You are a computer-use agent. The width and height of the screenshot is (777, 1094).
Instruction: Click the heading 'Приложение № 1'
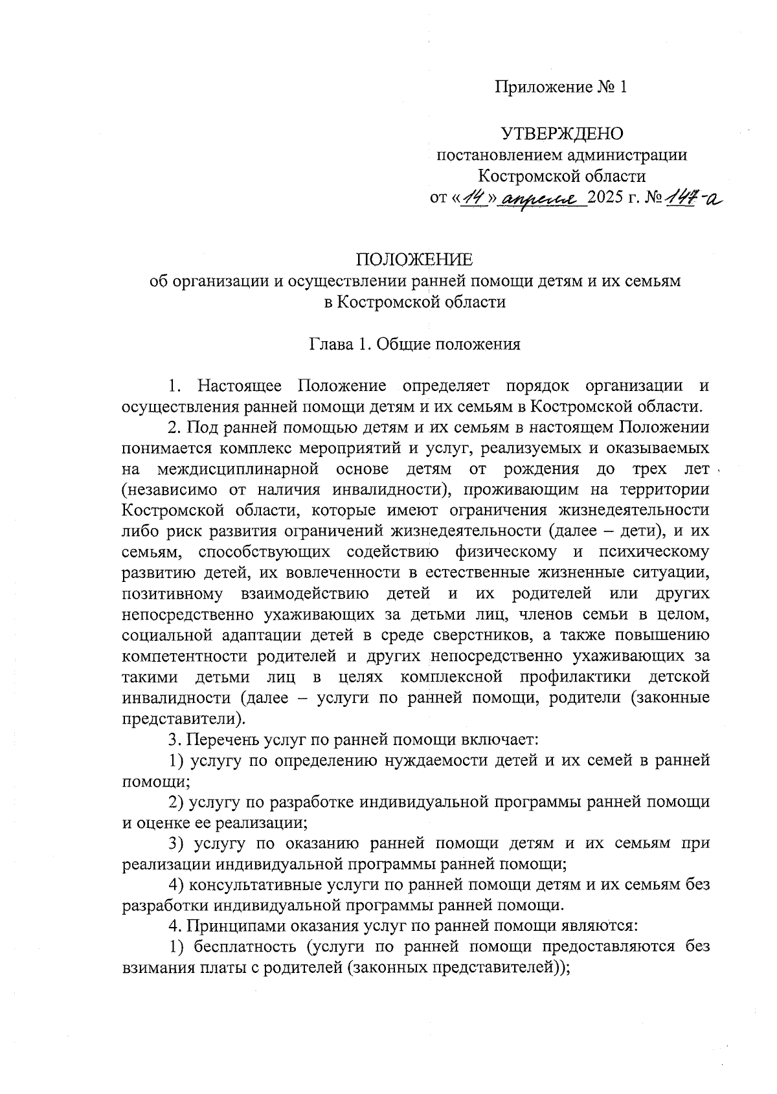tap(561, 87)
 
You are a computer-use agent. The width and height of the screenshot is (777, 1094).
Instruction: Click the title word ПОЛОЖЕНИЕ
tap(414, 260)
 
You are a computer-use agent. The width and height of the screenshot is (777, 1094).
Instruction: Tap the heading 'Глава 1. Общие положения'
tap(414, 344)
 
